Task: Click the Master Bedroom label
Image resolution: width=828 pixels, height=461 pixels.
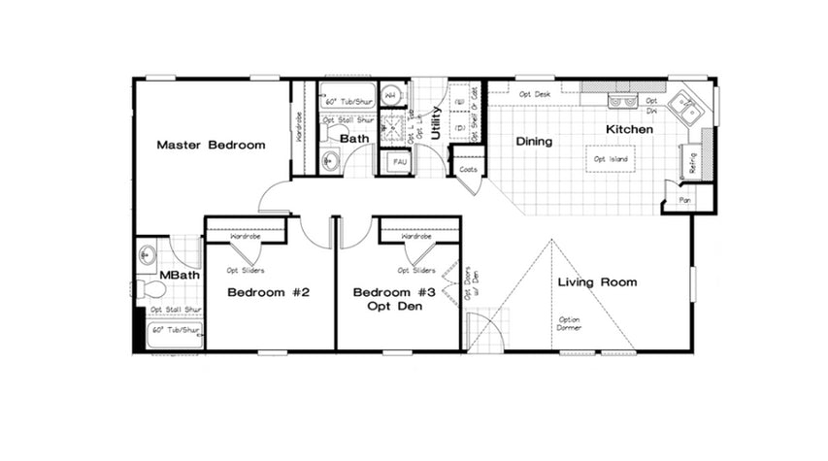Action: (211, 145)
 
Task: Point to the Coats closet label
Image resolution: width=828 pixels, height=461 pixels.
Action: (468, 167)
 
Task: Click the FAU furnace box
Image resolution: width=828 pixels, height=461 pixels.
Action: (399, 162)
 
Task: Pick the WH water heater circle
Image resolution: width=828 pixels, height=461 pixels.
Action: (390, 96)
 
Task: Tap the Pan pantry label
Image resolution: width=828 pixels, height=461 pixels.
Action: (684, 201)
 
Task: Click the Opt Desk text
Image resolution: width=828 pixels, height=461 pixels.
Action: (534, 94)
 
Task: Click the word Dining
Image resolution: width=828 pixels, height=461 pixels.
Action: (534, 142)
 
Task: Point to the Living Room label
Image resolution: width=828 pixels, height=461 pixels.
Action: (597, 282)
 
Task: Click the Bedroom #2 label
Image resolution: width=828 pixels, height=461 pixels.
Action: (268, 292)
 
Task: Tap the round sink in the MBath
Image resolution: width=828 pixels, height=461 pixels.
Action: (147, 256)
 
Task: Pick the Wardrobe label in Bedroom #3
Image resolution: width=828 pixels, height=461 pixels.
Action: (416, 236)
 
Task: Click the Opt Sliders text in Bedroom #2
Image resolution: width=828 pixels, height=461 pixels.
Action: (246, 271)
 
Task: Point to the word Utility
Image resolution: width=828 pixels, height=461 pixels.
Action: (437, 124)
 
